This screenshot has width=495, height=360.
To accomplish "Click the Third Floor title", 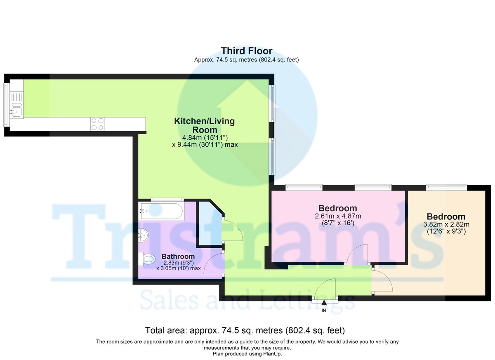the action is point(247,51).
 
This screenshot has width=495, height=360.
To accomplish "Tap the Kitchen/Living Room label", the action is point(205,125).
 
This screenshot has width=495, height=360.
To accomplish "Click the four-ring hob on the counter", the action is point(97,124).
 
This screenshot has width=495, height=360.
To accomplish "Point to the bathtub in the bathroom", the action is point(162,211).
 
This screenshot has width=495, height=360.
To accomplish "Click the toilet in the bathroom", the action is point(146,259).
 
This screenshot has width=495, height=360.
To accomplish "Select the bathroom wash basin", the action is point(144,235).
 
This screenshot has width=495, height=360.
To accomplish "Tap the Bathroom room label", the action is point(178,256).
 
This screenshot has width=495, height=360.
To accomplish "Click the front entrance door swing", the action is point(325,288).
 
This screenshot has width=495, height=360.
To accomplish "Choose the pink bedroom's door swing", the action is point(357,254).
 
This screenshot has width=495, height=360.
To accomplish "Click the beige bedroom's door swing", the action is point(382,280).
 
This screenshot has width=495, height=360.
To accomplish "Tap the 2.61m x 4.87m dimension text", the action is point(338,216).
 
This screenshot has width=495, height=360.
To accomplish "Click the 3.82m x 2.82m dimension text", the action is point(446,224).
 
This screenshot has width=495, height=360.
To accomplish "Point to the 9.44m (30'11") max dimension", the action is point(205,145).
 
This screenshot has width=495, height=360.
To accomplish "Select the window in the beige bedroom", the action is point(447,187).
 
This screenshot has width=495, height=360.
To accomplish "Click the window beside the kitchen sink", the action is point(6,105).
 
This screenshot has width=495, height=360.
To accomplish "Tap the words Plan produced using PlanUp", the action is point(247,354).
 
